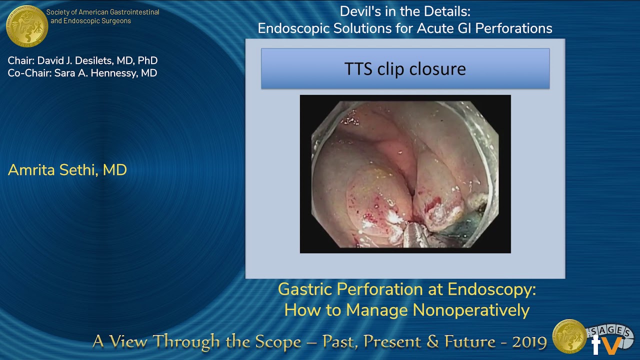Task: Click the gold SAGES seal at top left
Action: [x=27, y=26]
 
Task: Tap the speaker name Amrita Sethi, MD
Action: [x=67, y=170]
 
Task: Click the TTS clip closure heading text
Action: [x=405, y=68]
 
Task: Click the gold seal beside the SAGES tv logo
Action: [x=569, y=336]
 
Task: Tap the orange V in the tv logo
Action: [x=613, y=344]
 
